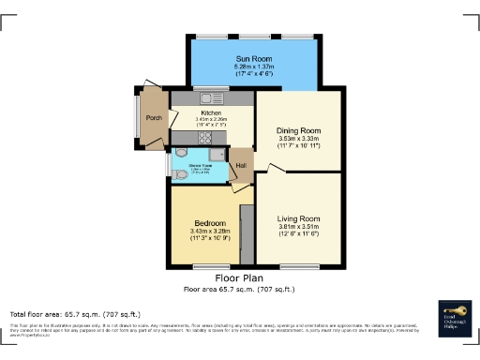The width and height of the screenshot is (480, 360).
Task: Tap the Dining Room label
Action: [x=299, y=131]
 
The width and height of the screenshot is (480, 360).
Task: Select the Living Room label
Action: [x=299, y=218]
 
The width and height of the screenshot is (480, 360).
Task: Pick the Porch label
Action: [x=155, y=118]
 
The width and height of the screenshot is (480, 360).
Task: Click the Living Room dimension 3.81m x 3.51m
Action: [x=299, y=230]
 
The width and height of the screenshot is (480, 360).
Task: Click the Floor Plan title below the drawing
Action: [x=239, y=278]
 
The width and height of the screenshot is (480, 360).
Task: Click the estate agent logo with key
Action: [x=454, y=318]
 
